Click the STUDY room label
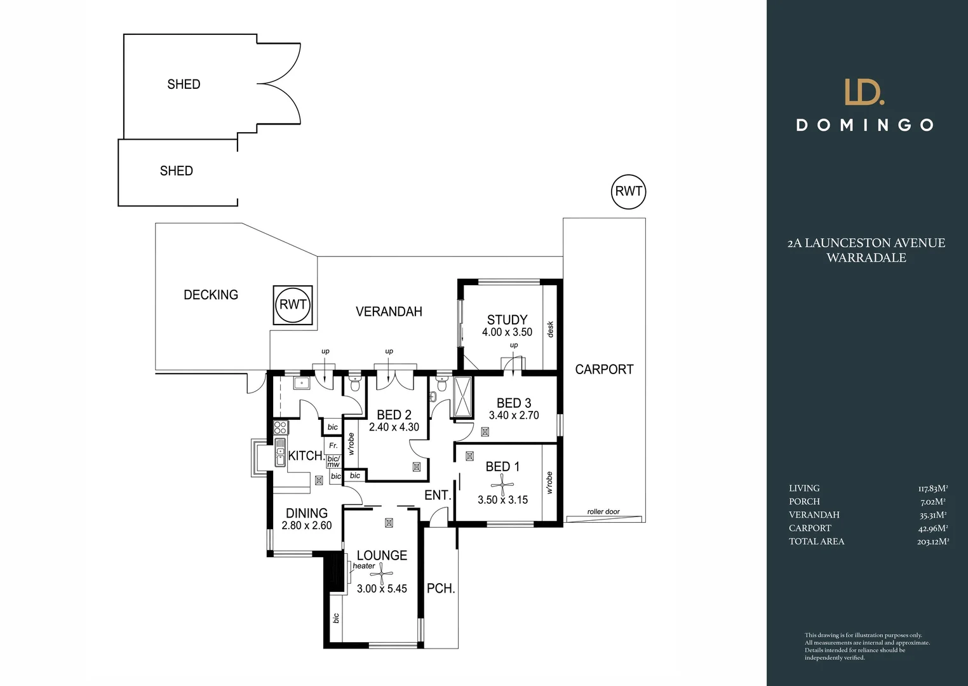[x=507, y=320]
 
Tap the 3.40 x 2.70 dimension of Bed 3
[x=514, y=415]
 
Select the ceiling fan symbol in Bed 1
[x=502, y=485]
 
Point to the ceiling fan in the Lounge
[x=382, y=574]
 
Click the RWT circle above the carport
[x=628, y=191]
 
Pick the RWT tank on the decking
[x=293, y=305]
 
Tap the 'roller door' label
[x=603, y=512]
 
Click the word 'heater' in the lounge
[x=364, y=566]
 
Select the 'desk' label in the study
[x=550, y=329]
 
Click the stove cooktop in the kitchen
[x=281, y=427]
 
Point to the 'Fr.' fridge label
[x=333, y=445]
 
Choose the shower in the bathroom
[x=463, y=396]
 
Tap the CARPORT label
[x=604, y=370]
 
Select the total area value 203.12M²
[x=933, y=541]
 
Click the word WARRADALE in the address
[x=866, y=258]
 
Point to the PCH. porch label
[x=441, y=588]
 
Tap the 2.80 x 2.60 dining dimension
[x=307, y=526]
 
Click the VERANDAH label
[x=389, y=312]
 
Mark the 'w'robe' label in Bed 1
[x=549, y=483]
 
